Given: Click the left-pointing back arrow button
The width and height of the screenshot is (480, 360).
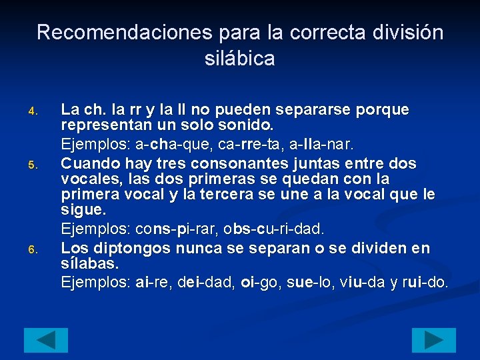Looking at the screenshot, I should click(x=46, y=340).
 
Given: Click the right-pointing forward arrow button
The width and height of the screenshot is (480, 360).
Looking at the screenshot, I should click(x=433, y=340).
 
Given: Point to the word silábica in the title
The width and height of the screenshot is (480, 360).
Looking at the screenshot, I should click(x=239, y=59).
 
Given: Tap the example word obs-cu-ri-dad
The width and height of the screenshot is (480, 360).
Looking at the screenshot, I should click(x=273, y=229).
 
